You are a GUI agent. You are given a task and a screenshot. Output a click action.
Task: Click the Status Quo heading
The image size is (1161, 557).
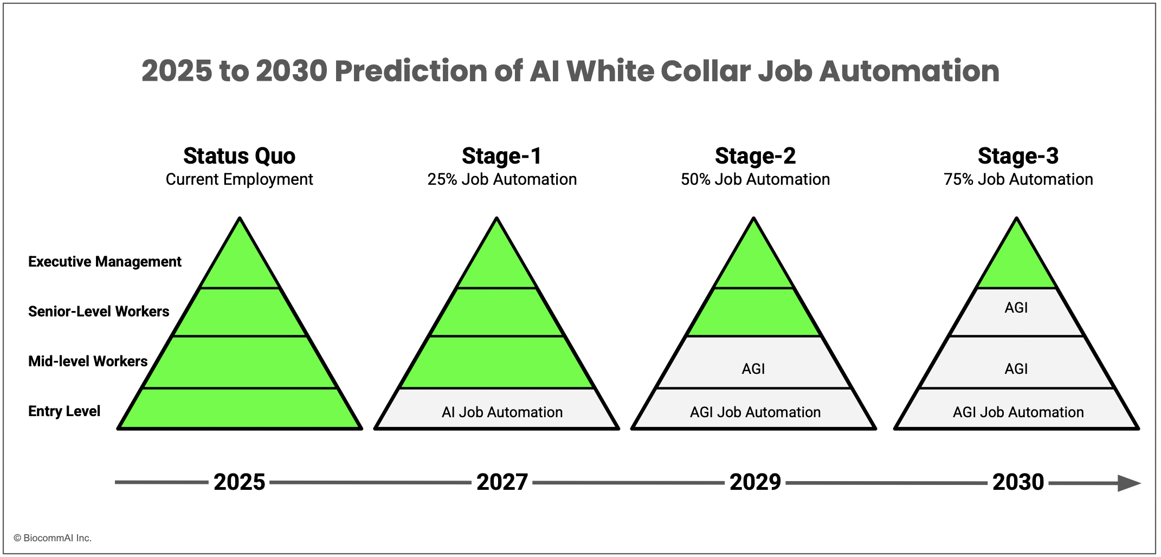point(239,156)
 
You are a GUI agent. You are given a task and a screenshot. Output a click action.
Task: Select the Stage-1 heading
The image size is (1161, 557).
point(501,156)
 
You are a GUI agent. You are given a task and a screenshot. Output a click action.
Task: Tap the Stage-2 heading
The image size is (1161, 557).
point(755,156)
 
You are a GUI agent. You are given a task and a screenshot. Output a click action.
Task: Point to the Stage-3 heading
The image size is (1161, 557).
point(1018,156)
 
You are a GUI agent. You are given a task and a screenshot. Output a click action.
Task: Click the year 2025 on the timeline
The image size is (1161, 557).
point(239,482)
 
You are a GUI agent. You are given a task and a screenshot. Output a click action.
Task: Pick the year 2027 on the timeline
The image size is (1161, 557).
point(502,482)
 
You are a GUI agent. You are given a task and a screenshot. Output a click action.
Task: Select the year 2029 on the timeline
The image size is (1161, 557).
point(755,482)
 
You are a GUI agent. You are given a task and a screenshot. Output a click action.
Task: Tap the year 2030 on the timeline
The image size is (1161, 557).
point(1018,482)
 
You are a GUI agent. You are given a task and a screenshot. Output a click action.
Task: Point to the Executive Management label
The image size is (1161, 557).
point(105,262)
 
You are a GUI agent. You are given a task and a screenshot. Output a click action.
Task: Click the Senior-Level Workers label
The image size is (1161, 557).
point(99,312)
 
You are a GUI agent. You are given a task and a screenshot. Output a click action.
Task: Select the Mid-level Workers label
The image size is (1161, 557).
point(88,361)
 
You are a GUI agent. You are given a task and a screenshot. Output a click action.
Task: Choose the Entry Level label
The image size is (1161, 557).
point(64,411)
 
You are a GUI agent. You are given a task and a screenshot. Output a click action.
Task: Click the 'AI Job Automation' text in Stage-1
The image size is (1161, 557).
point(502,412)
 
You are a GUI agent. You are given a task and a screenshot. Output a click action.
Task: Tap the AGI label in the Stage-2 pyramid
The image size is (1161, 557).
point(753,369)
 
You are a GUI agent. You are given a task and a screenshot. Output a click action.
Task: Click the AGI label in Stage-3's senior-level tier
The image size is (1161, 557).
point(1016,308)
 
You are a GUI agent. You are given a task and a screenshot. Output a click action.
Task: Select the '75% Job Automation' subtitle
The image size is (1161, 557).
point(1018,179)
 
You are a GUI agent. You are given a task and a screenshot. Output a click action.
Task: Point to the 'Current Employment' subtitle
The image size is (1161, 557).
point(239,179)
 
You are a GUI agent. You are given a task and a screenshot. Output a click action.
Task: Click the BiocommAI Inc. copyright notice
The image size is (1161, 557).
point(53,538)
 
